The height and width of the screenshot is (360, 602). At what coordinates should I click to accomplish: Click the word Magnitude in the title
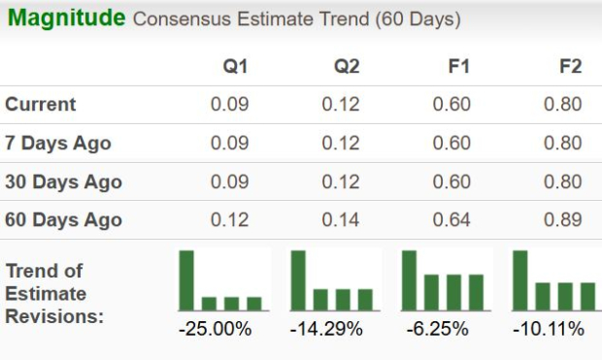point(65,18)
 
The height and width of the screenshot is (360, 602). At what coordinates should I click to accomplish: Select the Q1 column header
point(235,67)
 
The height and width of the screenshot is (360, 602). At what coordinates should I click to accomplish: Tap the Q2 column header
point(347,67)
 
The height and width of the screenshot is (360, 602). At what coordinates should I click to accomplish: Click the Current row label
point(41,105)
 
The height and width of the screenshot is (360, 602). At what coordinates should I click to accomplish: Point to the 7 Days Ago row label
point(58,144)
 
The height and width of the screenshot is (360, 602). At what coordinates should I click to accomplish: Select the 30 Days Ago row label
point(63,181)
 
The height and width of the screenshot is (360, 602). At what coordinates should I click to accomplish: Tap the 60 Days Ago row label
point(63,220)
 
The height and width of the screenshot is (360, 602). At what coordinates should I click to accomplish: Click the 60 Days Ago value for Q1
point(230,220)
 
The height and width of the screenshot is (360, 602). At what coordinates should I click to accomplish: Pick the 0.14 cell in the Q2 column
point(341,220)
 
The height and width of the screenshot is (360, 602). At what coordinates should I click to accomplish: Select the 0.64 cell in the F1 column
point(451,220)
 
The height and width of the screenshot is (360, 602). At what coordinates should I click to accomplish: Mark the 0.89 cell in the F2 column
point(563,220)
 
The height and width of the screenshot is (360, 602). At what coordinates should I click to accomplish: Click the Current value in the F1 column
point(451,105)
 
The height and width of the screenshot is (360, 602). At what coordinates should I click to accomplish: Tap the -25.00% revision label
point(215,329)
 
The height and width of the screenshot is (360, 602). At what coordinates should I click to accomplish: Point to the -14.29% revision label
point(326,329)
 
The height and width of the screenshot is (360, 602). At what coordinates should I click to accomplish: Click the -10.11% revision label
point(549,329)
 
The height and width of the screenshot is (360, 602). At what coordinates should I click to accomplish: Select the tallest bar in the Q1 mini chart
point(186,279)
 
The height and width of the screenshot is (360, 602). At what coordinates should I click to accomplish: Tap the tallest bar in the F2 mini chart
point(520,279)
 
